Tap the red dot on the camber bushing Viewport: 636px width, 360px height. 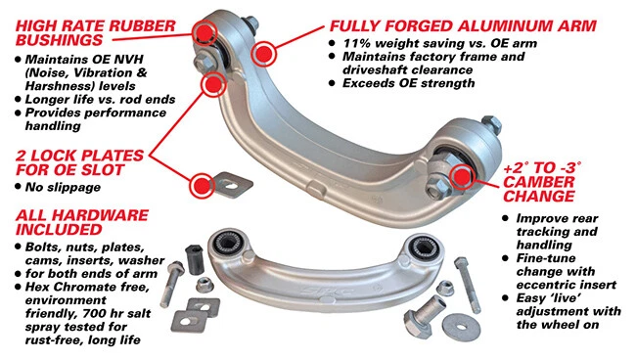(463, 176)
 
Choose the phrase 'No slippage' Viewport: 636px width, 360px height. (62, 186)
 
